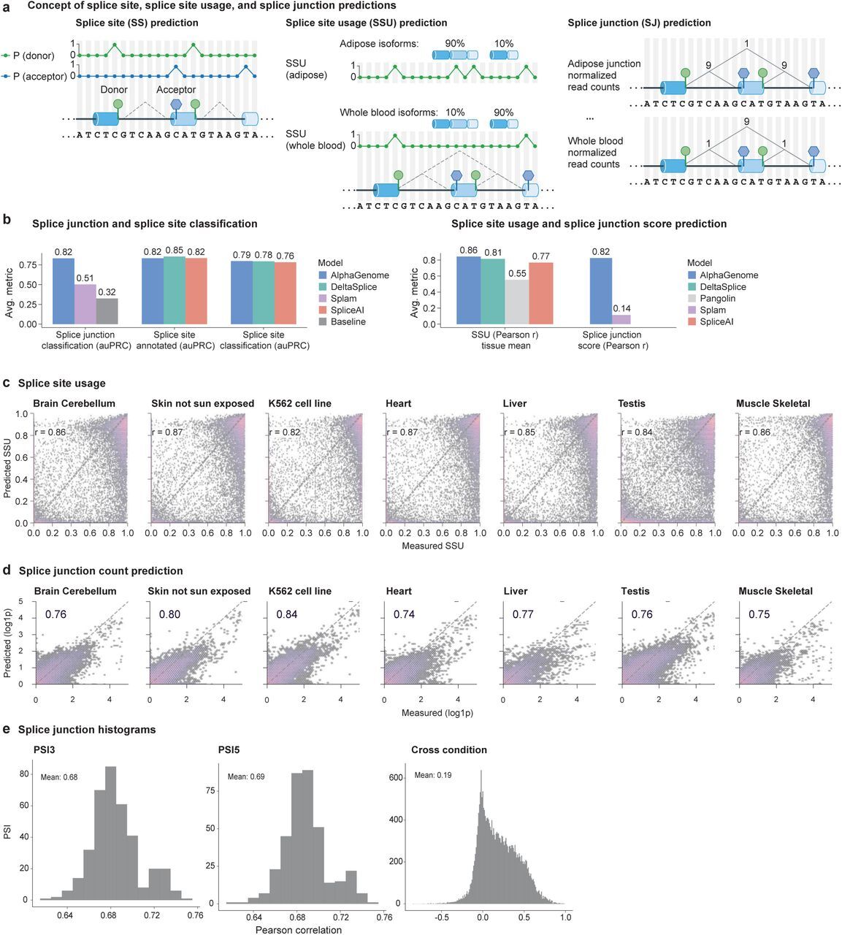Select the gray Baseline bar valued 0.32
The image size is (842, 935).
[x=107, y=310]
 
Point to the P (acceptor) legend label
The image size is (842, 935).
[x=39, y=76]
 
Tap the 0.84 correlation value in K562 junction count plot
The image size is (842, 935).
[x=286, y=614]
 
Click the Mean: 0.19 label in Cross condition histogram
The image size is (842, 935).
[x=433, y=775]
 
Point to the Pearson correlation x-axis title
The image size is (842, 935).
[x=298, y=930]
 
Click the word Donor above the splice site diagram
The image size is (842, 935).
[x=114, y=90]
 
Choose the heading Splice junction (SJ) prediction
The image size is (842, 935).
[x=639, y=23]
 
